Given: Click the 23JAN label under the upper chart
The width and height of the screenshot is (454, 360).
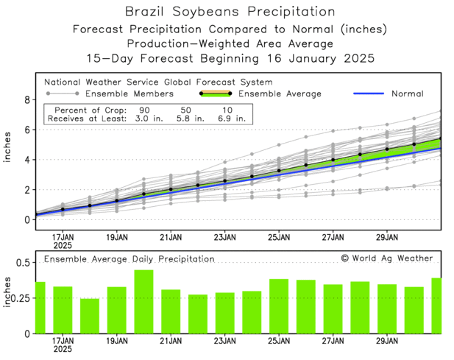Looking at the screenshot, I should pyautogui.click(x=224, y=237).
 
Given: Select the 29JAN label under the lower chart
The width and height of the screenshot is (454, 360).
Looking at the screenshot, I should pyautogui.click(x=387, y=342).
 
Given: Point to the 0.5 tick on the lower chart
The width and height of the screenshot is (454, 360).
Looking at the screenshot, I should pyautogui.click(x=22, y=263).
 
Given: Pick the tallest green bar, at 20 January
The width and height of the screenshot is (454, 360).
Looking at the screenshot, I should pyautogui.click(x=143, y=302).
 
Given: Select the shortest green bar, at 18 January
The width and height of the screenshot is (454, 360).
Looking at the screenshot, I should pyautogui.click(x=90, y=316).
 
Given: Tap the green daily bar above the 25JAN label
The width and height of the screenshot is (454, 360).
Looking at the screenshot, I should pyautogui.click(x=279, y=306).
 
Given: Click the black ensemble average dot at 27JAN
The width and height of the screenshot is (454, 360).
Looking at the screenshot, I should pyautogui.click(x=333, y=160).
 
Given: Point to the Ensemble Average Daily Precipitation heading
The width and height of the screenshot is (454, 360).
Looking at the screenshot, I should pyautogui.click(x=129, y=259).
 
